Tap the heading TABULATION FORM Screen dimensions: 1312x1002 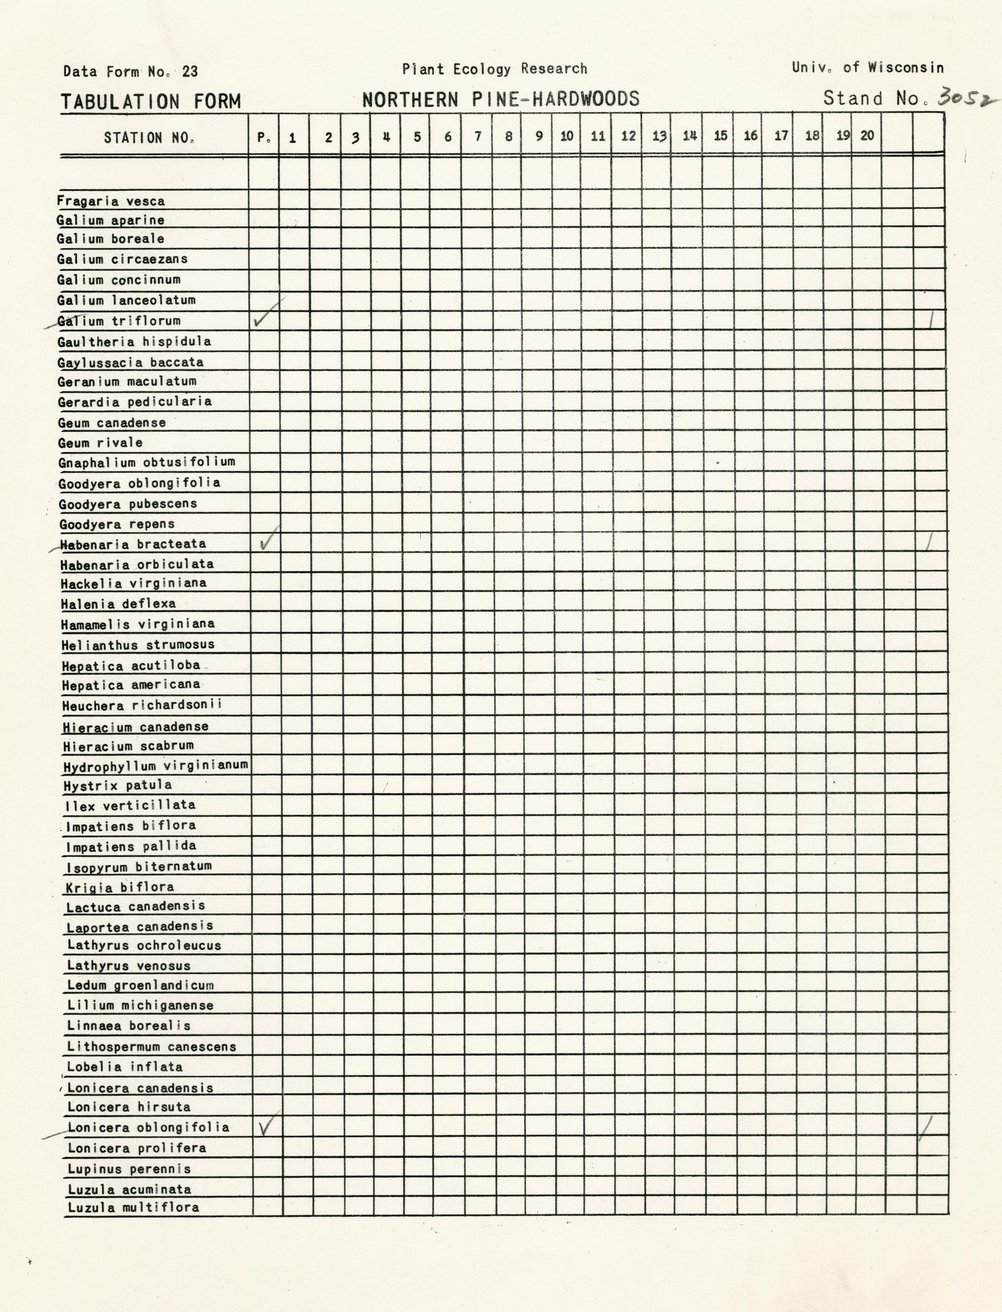pyautogui.click(x=151, y=102)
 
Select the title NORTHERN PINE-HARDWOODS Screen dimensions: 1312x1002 pyautogui.click(x=501, y=99)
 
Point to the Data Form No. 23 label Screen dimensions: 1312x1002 pyautogui.click(x=131, y=72)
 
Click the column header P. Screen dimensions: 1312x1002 pyautogui.click(x=264, y=137)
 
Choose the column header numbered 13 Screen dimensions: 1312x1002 pyautogui.click(x=659, y=136)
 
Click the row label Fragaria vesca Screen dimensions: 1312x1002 pyautogui.click(x=111, y=201)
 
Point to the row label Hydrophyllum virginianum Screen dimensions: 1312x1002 pyautogui.click(x=156, y=765)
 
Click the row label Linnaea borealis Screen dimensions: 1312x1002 pyautogui.click(x=129, y=1026)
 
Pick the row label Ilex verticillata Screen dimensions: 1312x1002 pyautogui.click(x=130, y=805)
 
